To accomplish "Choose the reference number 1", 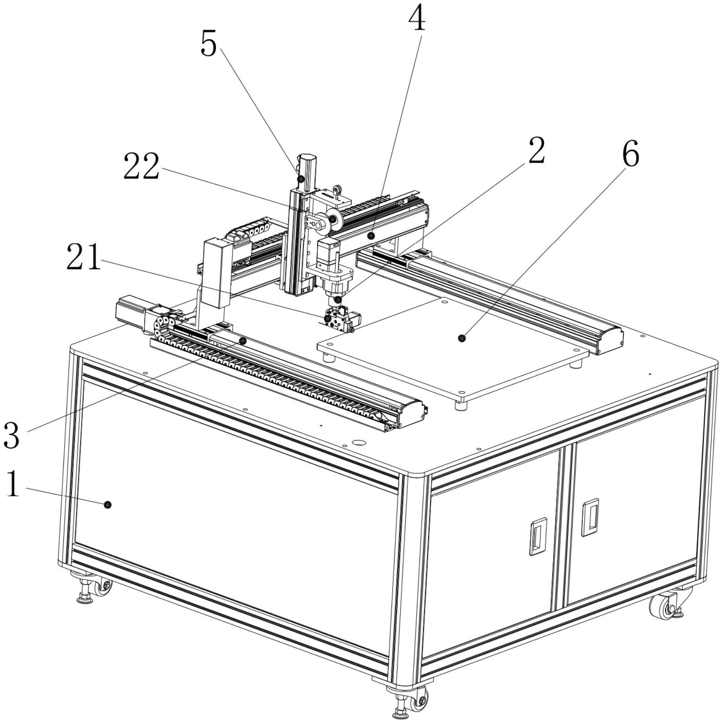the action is point(13,484).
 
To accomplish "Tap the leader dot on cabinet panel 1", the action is point(108,504).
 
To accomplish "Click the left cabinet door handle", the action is point(538,536).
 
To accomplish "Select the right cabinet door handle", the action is point(590,517).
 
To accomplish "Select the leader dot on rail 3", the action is point(243,341).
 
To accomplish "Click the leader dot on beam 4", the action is point(370,236).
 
